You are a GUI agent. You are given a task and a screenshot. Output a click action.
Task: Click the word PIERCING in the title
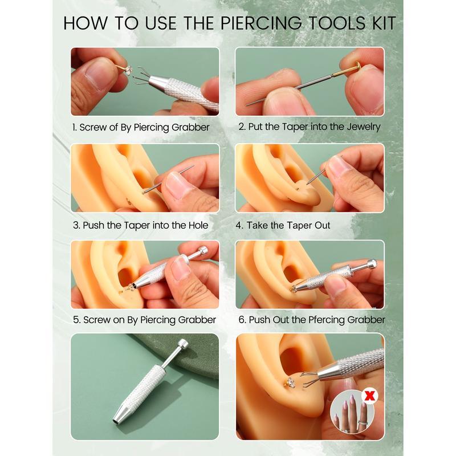261,23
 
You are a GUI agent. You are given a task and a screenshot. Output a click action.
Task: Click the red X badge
369,396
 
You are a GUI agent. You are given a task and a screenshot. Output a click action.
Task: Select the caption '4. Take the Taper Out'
283,225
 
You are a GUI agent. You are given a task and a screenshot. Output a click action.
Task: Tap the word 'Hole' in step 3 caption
198,225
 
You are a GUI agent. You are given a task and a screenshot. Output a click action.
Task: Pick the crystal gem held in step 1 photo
128,70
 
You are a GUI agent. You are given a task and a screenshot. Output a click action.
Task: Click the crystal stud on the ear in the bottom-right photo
291,382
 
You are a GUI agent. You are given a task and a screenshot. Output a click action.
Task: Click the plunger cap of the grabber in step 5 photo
202,251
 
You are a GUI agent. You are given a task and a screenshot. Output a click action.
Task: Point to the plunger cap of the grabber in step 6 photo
372,264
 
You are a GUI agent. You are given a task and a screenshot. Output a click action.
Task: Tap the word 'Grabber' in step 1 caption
190,127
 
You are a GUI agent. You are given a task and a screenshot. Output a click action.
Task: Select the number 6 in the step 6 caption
242,320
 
